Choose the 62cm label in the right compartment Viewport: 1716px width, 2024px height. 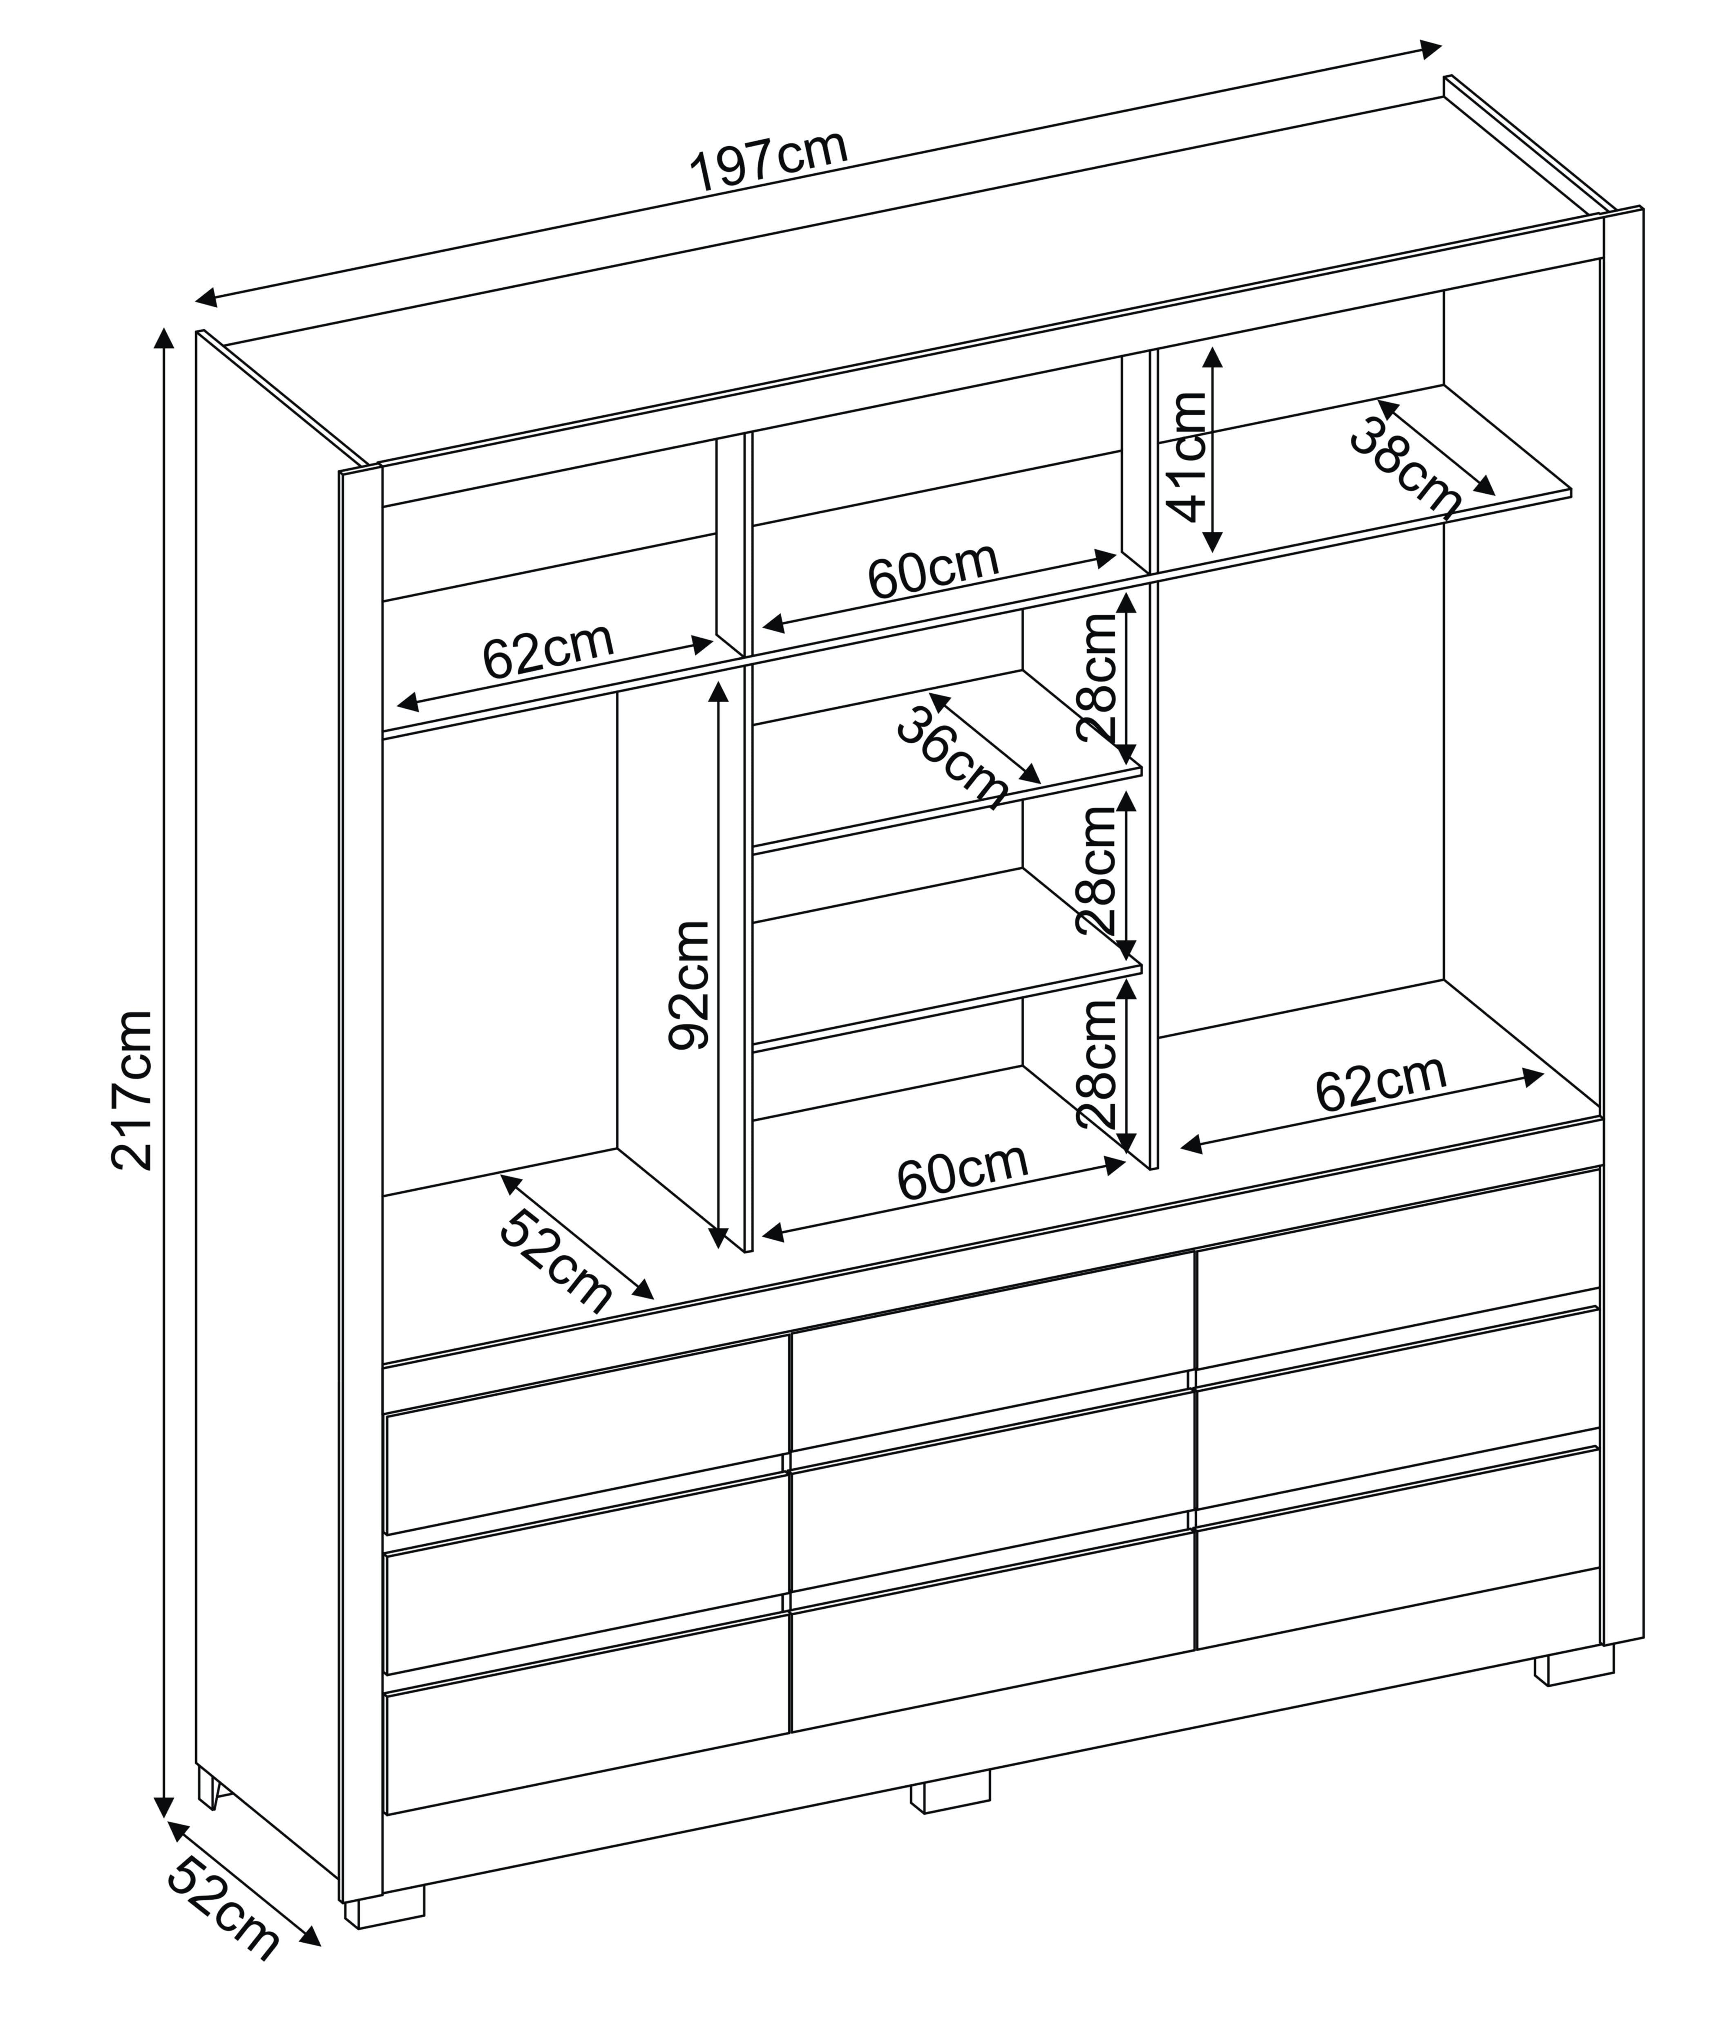click(1381, 1083)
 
